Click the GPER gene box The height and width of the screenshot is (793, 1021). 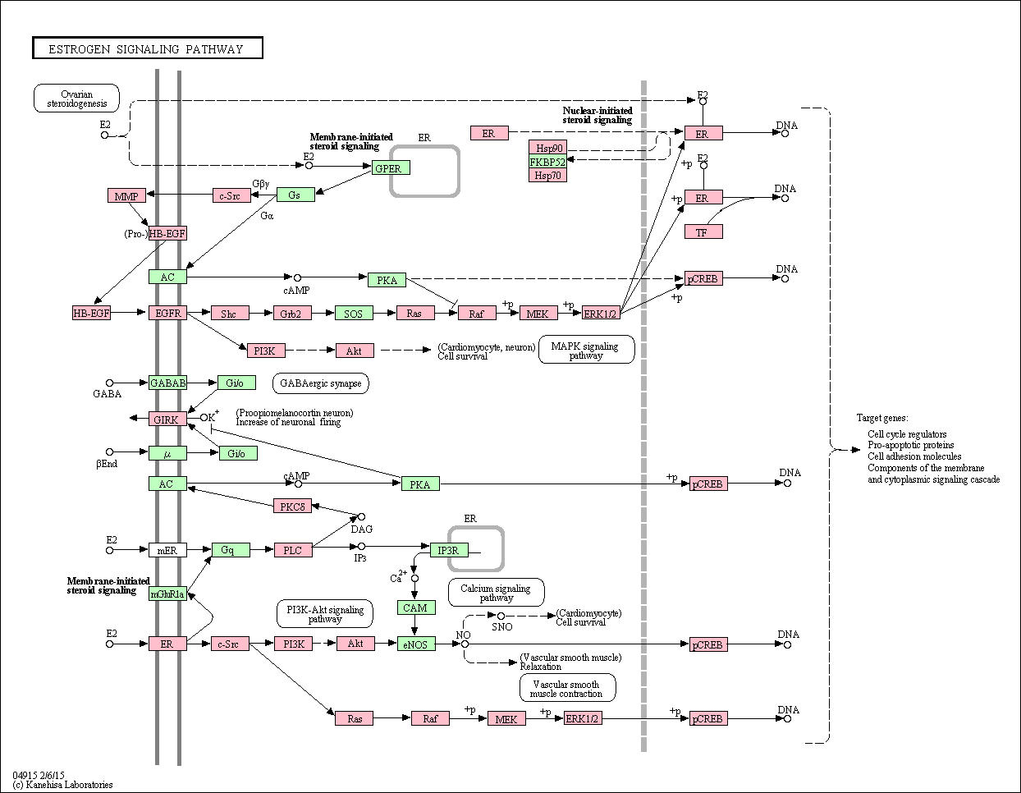(391, 167)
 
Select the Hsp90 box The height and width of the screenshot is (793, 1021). (548, 148)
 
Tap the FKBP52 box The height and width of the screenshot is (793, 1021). (548, 162)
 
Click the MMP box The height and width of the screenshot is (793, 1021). (126, 195)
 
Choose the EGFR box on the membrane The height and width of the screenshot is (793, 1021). (167, 313)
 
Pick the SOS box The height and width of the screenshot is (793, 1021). (354, 313)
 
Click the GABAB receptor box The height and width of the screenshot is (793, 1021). (167, 383)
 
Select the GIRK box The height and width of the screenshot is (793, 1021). (167, 419)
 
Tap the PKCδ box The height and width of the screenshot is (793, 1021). (292, 506)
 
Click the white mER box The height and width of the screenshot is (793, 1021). (167, 550)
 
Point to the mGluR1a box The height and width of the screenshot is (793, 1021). (167, 594)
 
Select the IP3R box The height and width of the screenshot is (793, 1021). (449, 550)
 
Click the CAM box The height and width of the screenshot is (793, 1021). (416, 607)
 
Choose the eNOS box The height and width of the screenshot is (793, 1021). (416, 644)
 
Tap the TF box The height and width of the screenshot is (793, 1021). (703, 231)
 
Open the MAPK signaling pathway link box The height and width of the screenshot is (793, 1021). (586, 349)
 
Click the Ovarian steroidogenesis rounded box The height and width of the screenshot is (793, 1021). (76, 99)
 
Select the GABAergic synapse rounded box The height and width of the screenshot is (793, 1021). (321, 383)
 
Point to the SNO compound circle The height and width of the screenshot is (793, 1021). (501, 616)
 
